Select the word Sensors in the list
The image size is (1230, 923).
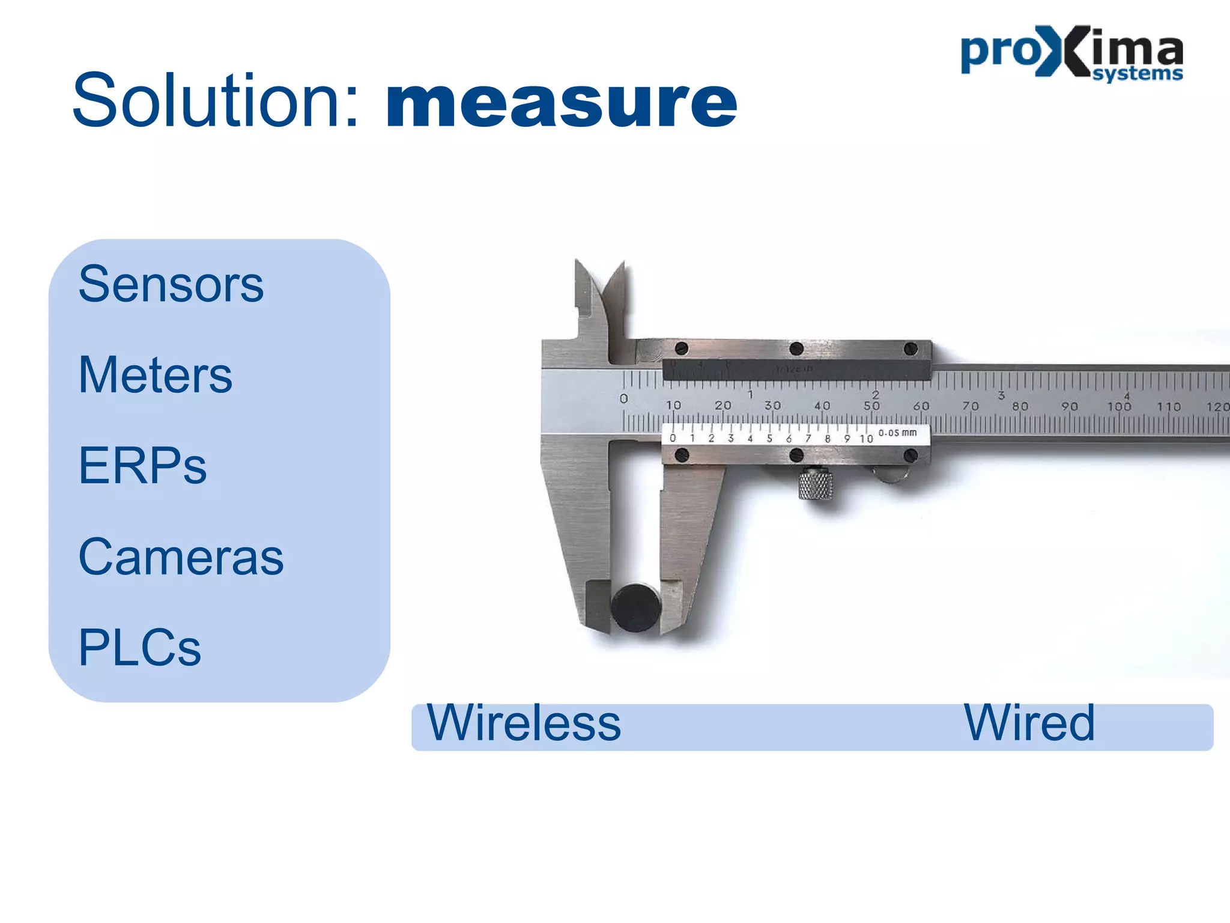coord(171,284)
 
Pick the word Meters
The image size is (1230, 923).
coord(155,375)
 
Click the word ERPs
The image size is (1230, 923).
coord(142,466)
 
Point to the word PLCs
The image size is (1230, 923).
coord(139,648)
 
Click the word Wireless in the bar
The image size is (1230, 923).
coord(524,723)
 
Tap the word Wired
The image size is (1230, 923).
coord(1029,723)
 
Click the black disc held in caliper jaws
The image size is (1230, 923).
coord(636,608)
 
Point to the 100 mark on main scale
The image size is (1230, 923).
coord(1119,407)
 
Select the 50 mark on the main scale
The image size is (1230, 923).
coord(871,406)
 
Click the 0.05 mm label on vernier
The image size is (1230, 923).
coord(897,433)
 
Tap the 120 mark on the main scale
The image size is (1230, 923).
coord(1217,407)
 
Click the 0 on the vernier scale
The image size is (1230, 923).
coord(673,438)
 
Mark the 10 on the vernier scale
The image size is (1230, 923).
coord(865,439)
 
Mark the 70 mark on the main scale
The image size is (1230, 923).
coord(971,407)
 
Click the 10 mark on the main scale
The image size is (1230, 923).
coord(673,406)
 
